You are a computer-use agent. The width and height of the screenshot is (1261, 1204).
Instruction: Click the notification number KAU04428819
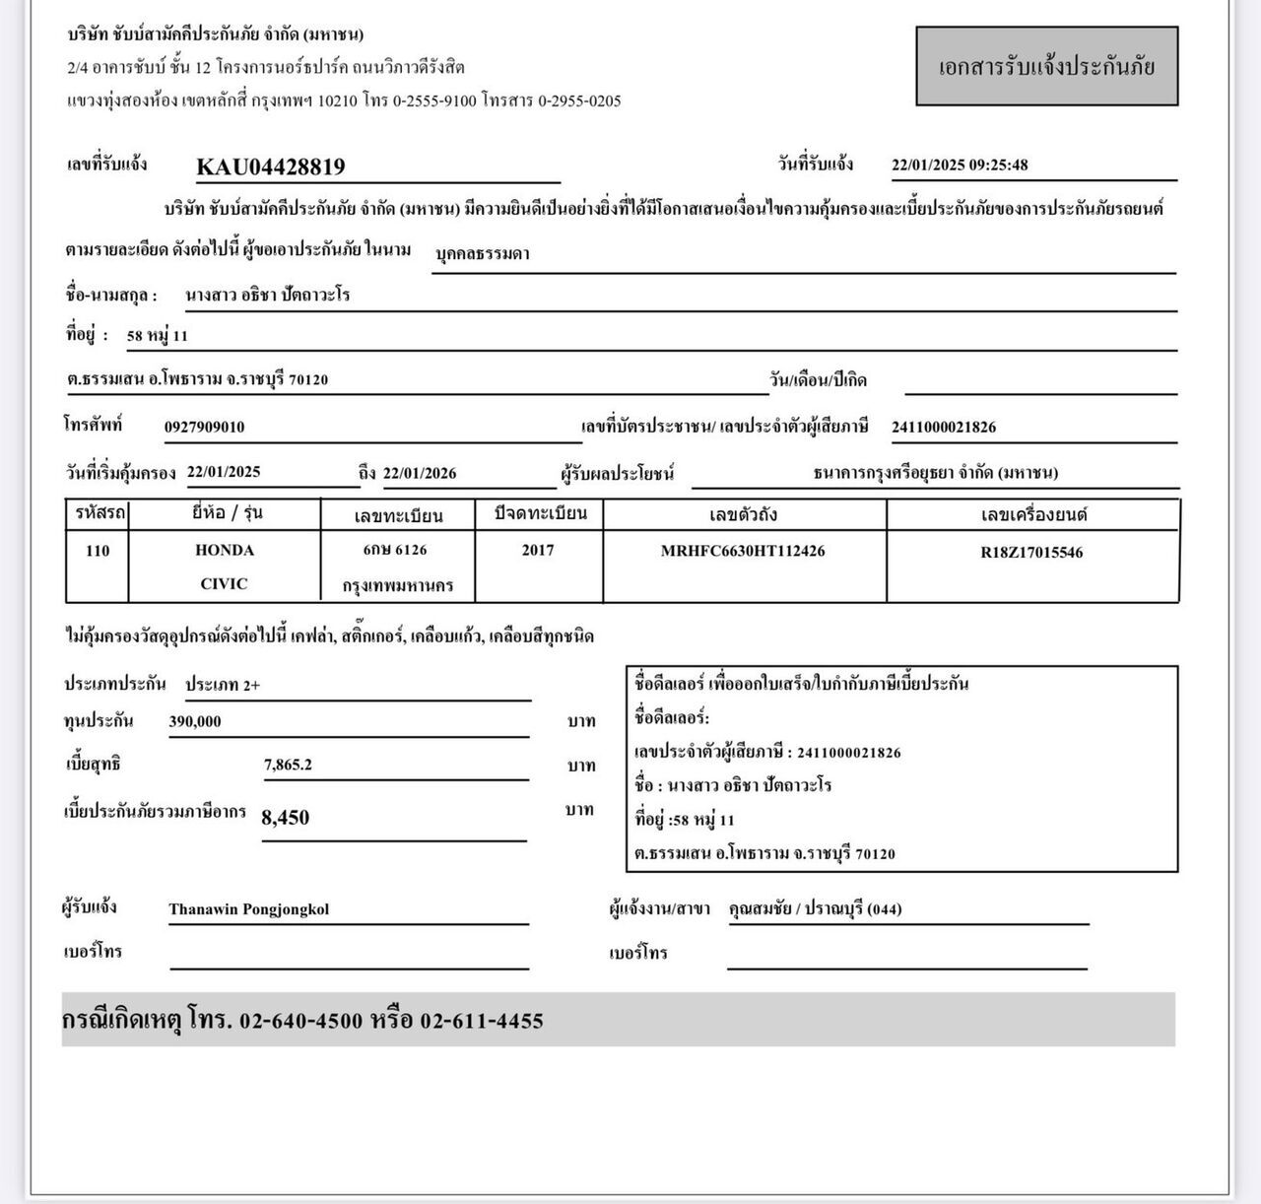click(x=271, y=167)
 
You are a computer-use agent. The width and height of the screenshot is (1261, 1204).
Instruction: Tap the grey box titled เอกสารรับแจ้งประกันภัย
click(x=1046, y=67)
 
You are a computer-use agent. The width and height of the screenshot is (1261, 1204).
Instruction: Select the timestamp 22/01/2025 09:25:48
click(x=959, y=165)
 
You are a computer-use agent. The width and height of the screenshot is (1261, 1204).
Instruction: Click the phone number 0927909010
click(x=204, y=427)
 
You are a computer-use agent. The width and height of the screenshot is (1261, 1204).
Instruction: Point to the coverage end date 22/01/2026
click(x=420, y=473)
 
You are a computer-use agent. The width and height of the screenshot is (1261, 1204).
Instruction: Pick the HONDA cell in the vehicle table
click(x=225, y=550)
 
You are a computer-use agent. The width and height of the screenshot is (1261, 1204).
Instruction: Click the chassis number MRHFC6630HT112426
click(x=743, y=551)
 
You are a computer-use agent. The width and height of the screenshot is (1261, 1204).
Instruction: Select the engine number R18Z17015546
click(x=1031, y=553)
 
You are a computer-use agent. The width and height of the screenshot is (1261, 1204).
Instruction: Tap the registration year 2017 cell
click(x=538, y=550)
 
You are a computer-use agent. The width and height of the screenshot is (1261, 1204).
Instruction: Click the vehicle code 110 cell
click(x=98, y=550)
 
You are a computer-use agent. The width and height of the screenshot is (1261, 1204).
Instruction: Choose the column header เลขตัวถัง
click(x=743, y=514)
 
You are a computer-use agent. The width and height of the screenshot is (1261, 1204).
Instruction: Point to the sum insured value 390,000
click(x=195, y=721)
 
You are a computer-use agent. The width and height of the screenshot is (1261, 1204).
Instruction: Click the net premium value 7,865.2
click(x=288, y=764)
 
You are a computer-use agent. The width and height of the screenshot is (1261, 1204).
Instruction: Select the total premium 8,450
click(x=286, y=817)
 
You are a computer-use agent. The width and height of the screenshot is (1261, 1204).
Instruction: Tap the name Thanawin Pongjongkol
click(x=248, y=909)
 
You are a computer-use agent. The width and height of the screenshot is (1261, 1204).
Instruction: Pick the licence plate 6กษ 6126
click(x=395, y=549)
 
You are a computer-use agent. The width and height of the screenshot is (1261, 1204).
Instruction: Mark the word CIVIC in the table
click(x=224, y=583)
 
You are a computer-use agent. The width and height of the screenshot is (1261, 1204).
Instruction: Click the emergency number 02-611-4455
click(x=482, y=1021)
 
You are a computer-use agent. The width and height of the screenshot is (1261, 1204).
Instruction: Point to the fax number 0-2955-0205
click(x=579, y=100)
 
